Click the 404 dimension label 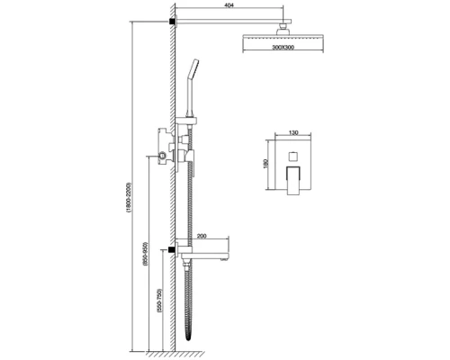[x=229, y=5]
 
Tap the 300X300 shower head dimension [x=283, y=47]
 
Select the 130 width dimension [x=293, y=132]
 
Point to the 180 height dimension [x=265, y=164]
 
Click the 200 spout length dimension [x=202, y=236]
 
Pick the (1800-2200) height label [x=129, y=197]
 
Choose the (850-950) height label [x=146, y=253]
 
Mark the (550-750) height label [x=159, y=301]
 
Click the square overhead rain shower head [x=283, y=37]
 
